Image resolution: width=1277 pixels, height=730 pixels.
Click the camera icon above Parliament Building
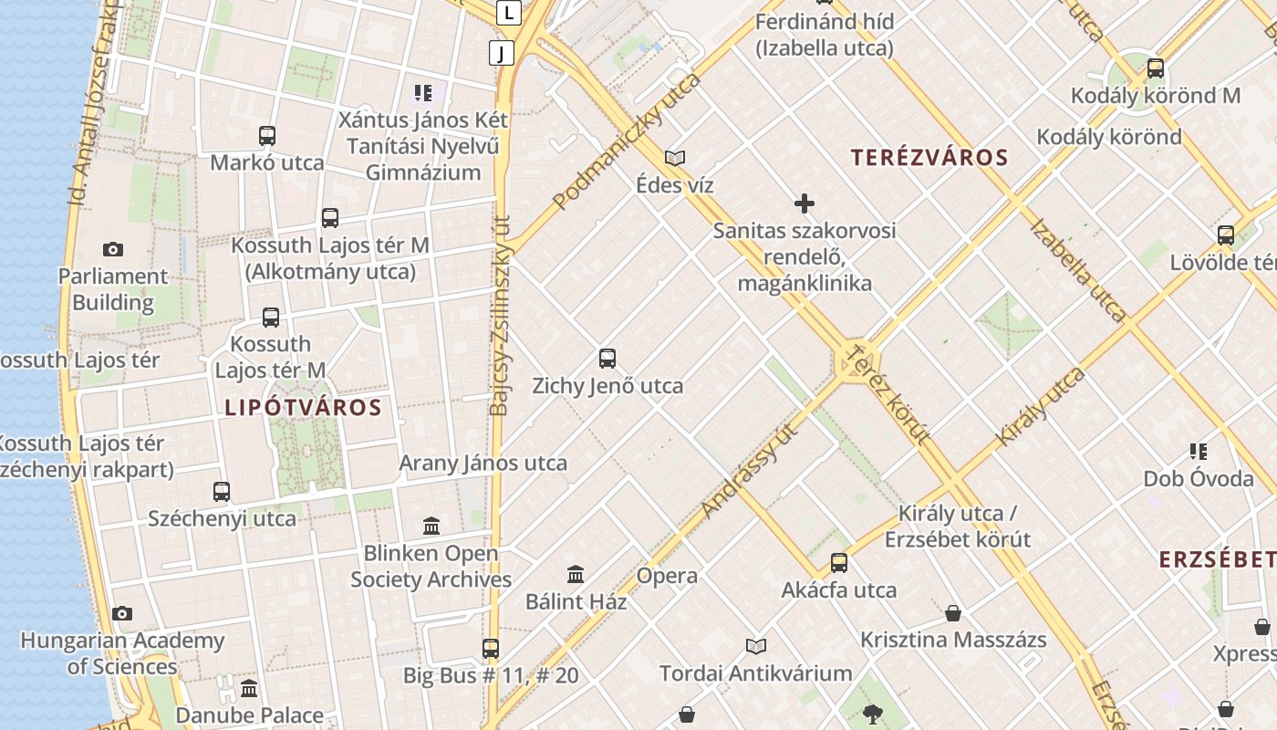tap(113, 249)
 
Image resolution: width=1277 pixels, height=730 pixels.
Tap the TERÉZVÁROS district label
tap(929, 157)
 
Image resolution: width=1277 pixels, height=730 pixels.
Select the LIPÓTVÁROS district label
tap(303, 407)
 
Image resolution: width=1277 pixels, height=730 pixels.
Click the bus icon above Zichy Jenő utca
tap(607, 359)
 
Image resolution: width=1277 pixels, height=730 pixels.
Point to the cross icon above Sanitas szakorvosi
tap(804, 203)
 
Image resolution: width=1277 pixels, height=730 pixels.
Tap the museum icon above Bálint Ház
tap(576, 575)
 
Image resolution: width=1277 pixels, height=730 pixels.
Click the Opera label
tap(667, 576)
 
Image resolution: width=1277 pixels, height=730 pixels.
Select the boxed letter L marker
tap(509, 13)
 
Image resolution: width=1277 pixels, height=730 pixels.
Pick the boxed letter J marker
tap(501, 53)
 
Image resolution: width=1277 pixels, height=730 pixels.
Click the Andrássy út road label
tap(750, 471)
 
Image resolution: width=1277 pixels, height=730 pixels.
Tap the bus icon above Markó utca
tap(267, 136)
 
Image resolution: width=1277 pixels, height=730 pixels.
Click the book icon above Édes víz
tap(675, 158)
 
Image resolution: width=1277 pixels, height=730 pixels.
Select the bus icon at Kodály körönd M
tap(1156, 68)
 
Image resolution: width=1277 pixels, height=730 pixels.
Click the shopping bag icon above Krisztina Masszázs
tap(953, 613)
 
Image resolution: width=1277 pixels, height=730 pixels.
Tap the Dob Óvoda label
tap(1199, 478)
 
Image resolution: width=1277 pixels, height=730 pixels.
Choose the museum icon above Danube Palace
tap(249, 688)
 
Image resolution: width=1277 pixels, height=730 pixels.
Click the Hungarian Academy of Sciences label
tap(122, 653)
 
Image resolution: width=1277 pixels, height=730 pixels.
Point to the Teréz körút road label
tap(887, 394)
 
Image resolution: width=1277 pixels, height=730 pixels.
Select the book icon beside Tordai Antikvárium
tap(755, 647)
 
